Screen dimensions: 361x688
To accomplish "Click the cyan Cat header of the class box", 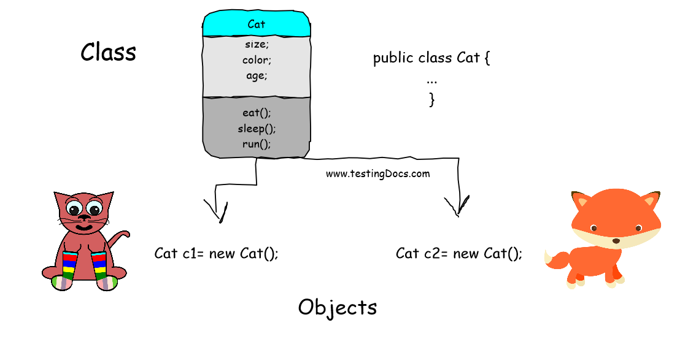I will pyautogui.click(x=256, y=25).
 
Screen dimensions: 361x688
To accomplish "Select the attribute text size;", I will pyautogui.click(x=257, y=44).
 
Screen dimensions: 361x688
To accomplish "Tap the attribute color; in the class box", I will pyautogui.click(x=257, y=60).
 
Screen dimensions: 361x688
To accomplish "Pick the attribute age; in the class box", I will pyautogui.click(x=257, y=76).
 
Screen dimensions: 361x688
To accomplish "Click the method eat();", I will pyautogui.click(x=257, y=113).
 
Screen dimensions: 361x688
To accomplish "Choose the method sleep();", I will pyautogui.click(x=257, y=129).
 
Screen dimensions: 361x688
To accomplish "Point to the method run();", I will pyautogui.click(x=257, y=144).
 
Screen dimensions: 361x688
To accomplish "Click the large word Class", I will pyautogui.click(x=108, y=52).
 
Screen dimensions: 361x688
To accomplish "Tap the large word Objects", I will pyautogui.click(x=337, y=307).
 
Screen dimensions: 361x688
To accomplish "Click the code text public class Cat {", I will pyautogui.click(x=431, y=59).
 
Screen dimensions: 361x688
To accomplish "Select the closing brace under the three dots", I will pyautogui.click(x=432, y=99).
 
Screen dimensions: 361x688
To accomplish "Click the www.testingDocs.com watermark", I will pyautogui.click(x=377, y=173).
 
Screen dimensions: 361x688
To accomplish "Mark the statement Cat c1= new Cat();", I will pyautogui.click(x=216, y=253).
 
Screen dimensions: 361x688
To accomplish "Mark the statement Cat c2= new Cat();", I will pyautogui.click(x=458, y=253).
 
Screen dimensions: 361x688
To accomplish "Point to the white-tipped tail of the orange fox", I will pyautogui.click(x=555, y=260).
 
